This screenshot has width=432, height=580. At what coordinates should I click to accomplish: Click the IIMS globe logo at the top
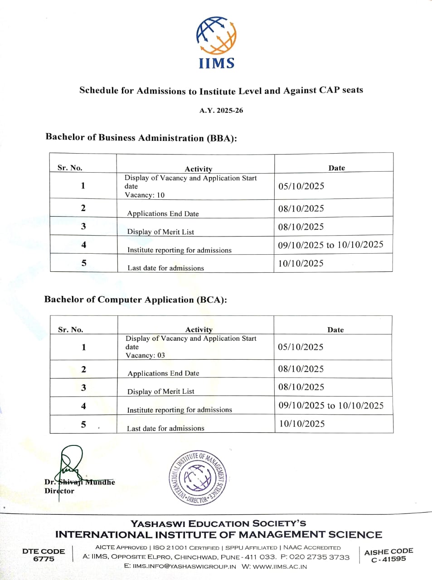216,37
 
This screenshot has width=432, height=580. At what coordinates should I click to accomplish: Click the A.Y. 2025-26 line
221,111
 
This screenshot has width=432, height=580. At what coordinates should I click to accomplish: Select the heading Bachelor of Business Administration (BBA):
141,138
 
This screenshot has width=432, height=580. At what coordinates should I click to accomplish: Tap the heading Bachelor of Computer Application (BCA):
136,300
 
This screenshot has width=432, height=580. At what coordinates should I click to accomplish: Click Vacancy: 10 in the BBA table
145,195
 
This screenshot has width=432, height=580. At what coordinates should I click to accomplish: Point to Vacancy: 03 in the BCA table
145,356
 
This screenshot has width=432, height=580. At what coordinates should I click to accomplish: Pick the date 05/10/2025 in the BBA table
301,186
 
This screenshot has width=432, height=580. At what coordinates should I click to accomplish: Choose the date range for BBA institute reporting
330,245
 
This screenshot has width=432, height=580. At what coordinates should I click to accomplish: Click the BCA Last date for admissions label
165,429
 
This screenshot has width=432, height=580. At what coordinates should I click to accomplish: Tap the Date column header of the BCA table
335,330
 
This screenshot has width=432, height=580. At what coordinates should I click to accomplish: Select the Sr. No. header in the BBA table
70,168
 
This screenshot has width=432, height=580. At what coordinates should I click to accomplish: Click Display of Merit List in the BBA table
160,232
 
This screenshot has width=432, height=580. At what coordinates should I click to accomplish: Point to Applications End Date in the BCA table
163,374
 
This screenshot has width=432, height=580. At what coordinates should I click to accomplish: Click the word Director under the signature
59,491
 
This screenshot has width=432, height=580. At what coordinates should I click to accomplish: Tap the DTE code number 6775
44,559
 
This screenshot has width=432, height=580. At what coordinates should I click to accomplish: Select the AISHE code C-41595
388,560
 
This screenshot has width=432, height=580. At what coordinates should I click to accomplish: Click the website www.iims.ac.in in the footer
280,566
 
